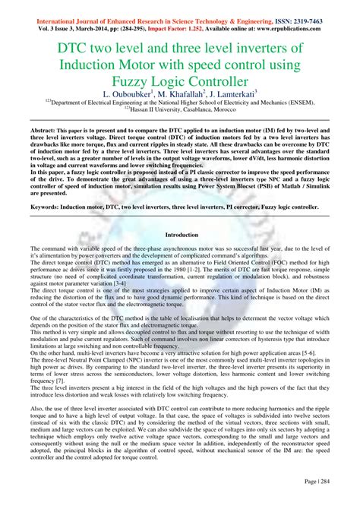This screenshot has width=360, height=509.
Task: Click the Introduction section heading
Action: pos(180,235)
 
